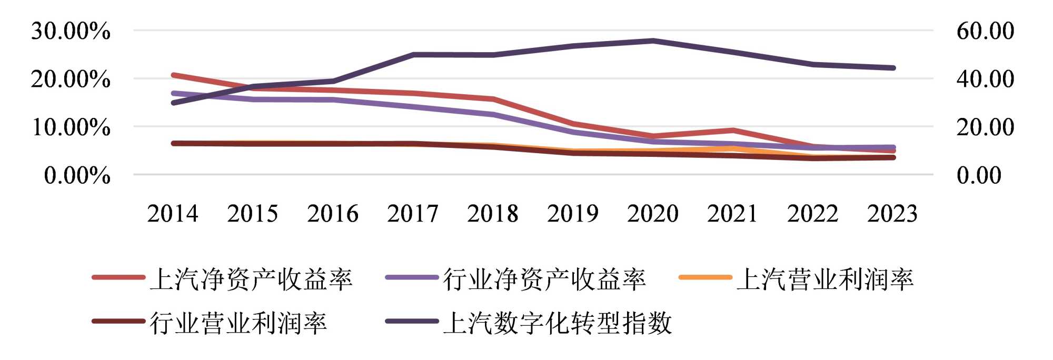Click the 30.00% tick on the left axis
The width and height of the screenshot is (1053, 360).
point(71,31)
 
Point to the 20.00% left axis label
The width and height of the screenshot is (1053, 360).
point(71,79)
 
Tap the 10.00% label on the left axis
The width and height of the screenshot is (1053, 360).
point(71,127)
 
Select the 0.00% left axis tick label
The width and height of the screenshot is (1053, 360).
point(77,175)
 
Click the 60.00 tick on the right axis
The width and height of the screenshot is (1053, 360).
point(985,31)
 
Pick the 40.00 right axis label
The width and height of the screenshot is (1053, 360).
point(985,79)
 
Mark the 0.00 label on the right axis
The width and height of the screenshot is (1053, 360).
point(979,175)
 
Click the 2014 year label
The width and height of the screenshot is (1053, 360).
point(173,214)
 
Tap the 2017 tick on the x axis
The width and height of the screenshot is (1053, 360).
point(412,214)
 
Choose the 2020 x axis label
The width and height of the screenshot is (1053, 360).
point(653,214)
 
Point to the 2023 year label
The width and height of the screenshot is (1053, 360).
point(892,214)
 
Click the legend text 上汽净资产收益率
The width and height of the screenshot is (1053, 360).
point(251,279)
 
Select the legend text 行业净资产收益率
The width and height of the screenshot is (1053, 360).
point(544,279)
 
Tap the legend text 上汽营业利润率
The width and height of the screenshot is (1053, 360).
point(824,279)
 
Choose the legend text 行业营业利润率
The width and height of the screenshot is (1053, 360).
point(239,323)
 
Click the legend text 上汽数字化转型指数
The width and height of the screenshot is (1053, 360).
point(558,323)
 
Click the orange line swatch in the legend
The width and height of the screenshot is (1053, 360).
point(705,277)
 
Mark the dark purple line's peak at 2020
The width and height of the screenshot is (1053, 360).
point(653,41)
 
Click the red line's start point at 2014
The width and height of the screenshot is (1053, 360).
point(173,75)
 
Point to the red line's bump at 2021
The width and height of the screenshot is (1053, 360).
point(733,130)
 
